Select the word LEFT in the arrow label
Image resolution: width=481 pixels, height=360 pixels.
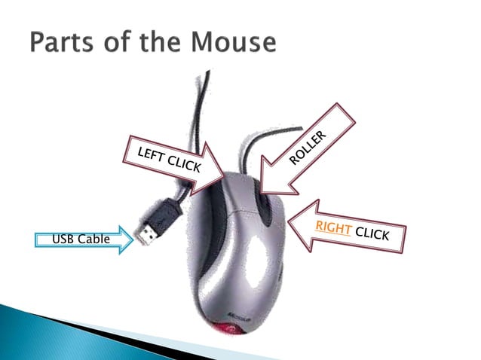click(149, 155)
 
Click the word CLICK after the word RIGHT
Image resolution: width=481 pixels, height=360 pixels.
click(372, 234)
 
